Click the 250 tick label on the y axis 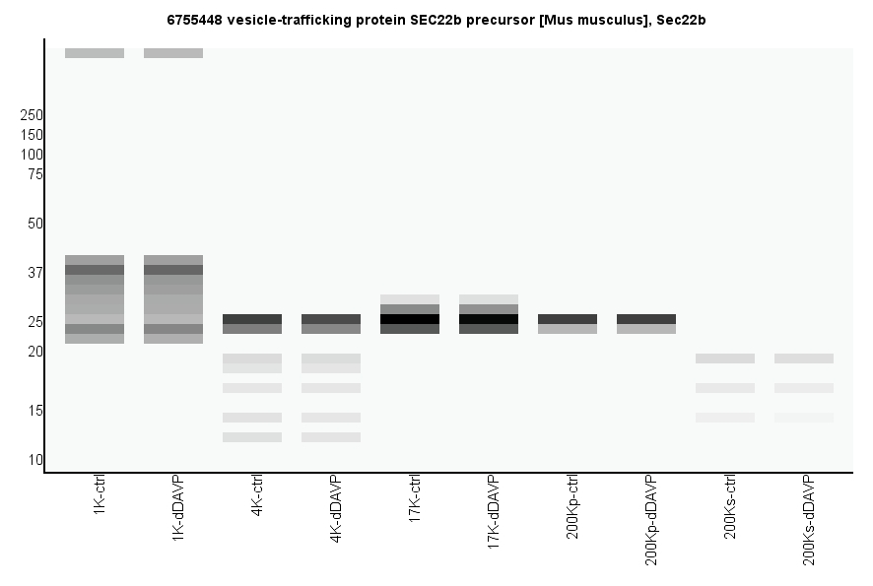(x=32, y=115)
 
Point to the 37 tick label (x=34, y=273)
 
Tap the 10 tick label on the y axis (x=34, y=460)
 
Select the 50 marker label (x=34, y=224)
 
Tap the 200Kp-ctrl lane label (x=572, y=506)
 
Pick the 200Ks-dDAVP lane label (x=809, y=519)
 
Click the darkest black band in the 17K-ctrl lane (x=410, y=319)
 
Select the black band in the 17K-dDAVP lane (x=489, y=319)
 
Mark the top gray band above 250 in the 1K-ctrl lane (x=95, y=53)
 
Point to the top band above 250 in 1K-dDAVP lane (x=173, y=53)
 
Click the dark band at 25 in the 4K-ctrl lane (x=252, y=319)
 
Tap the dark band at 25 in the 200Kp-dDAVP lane (x=646, y=319)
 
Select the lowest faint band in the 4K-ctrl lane (x=252, y=437)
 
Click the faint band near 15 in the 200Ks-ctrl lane (x=725, y=418)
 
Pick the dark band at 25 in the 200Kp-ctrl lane (x=568, y=319)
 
